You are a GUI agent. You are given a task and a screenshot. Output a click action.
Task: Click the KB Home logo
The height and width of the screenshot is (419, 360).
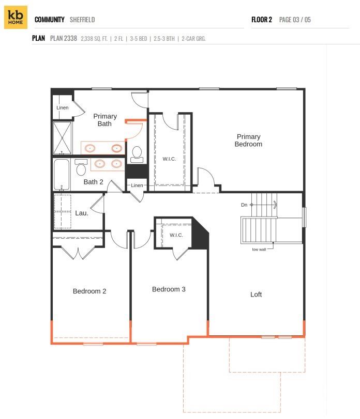coord(16,18)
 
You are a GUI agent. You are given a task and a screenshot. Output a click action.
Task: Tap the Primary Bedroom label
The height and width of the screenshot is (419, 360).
coord(248,141)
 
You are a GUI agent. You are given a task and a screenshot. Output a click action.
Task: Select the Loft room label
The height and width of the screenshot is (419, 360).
coord(256,294)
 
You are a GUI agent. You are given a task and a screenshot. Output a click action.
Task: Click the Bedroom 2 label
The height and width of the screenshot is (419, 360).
coord(89,291)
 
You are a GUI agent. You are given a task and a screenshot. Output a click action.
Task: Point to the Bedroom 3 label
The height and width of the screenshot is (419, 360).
coord(169,289)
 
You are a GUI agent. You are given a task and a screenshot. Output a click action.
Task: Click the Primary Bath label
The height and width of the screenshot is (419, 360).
coord(105,120)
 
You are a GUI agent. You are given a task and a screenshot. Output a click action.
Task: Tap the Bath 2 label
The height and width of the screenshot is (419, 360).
coord(94,182)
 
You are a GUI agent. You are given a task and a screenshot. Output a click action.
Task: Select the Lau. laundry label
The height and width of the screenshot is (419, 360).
coord(82,213)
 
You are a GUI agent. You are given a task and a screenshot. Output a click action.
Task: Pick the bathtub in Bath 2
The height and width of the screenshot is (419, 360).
coord(62,174)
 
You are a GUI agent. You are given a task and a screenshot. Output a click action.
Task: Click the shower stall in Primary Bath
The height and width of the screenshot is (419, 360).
coord(63,137)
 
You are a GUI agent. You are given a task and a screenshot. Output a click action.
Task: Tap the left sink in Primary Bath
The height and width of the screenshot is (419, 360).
coord(91,148)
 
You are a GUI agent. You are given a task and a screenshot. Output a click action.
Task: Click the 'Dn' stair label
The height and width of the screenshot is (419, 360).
coord(244,205)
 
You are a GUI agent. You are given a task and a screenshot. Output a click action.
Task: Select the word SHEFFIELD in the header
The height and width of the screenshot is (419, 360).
coord(82,20)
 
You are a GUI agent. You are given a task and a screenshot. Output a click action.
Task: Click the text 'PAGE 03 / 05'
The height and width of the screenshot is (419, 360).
coord(295,20)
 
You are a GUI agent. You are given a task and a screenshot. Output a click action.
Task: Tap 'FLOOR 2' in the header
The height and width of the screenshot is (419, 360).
coord(262,20)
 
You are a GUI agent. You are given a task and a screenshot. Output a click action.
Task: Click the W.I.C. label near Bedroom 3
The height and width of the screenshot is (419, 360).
coord(176,235)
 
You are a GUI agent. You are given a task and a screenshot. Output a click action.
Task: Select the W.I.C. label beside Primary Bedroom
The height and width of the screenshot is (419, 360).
coord(169,159)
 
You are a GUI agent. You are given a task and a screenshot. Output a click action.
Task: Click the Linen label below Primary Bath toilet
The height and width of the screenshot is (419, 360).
coord(137,185)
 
